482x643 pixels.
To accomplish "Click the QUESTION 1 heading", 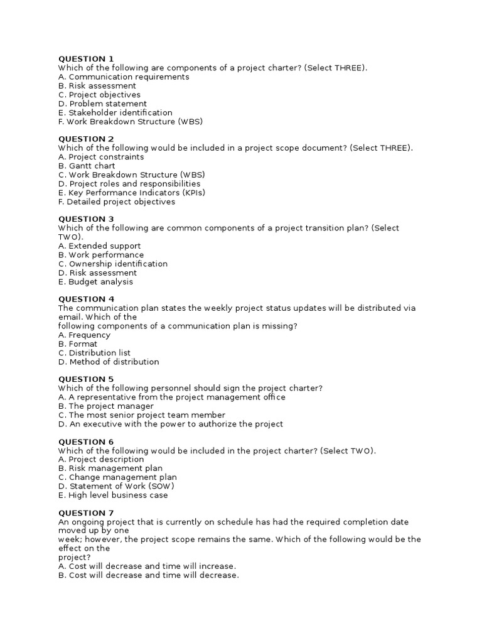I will point(86,59).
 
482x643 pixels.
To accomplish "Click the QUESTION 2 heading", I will point(86,139).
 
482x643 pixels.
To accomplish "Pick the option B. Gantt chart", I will point(87,166).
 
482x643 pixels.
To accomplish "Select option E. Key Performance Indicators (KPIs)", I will point(132,193).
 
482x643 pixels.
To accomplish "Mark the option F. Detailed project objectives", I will point(117,202).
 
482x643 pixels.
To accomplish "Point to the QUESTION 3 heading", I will point(86,219).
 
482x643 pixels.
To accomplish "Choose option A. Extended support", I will point(99,246).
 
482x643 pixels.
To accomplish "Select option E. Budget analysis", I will point(95,282).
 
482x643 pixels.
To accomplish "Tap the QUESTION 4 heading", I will point(86,300).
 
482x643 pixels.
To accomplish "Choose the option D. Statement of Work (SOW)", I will point(116,486).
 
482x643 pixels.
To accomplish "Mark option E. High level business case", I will point(113,495).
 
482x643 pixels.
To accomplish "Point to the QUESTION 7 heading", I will point(86,513).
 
